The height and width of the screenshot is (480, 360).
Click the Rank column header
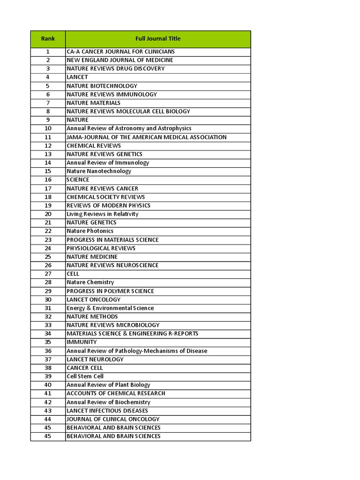pos(48,39)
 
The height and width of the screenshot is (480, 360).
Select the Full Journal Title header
pos(157,39)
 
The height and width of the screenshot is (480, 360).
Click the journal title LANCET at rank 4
pos(77,77)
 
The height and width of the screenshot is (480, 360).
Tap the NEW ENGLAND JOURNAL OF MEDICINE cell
pos(120,60)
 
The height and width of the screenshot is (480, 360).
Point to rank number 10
pos(48,128)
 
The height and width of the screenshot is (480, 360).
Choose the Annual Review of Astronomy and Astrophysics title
pos(129,128)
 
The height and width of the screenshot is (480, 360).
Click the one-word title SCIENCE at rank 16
pos(78,180)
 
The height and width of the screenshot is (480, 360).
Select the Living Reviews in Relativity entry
pos(103,214)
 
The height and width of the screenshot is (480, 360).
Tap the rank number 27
pos(48,274)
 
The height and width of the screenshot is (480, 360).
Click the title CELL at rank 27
pos(73,274)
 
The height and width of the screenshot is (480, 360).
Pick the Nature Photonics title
pos(90,231)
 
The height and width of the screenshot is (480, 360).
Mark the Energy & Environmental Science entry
pos(110,308)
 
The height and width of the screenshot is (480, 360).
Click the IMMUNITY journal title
pos(82,342)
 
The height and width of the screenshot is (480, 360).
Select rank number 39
pos(48,376)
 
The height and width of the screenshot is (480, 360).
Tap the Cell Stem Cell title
pos(85,376)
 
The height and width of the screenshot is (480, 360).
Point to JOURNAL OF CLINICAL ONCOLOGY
pos(113,419)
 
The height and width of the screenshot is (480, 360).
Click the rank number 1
pos(48,52)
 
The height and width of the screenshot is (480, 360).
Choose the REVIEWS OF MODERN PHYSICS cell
pos(109,205)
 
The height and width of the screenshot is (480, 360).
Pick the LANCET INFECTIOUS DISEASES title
pos(107,411)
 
